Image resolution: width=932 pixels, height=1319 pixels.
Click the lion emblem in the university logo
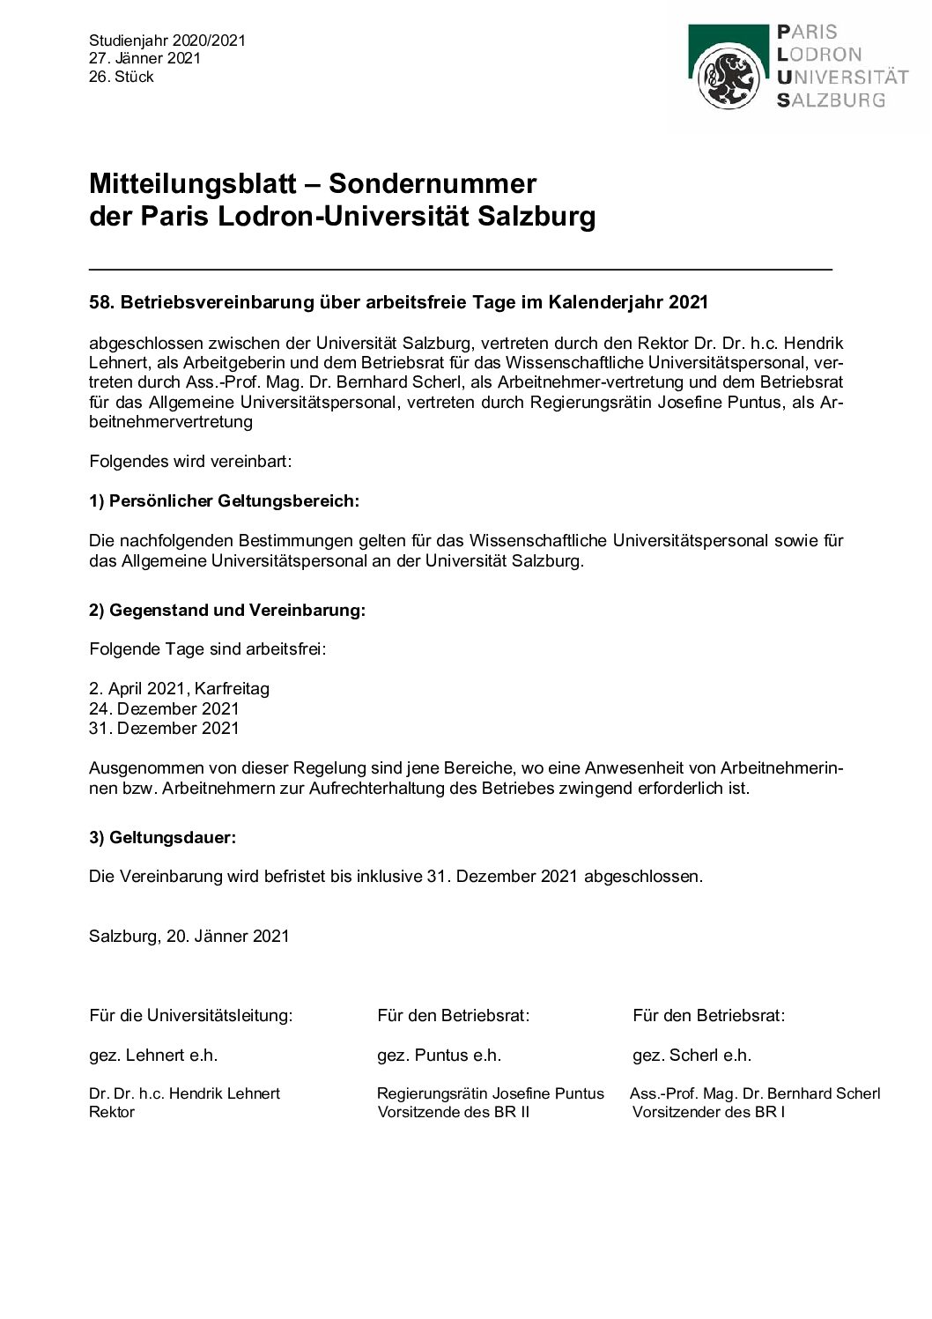coord(728,78)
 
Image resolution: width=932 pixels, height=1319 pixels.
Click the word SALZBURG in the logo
coord(831,100)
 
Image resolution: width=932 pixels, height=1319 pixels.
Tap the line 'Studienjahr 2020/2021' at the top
coord(167,41)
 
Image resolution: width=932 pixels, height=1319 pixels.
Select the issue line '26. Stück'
coord(122,78)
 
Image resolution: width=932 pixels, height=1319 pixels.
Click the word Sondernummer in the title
coord(432,184)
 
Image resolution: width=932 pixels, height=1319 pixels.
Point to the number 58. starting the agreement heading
coord(102,302)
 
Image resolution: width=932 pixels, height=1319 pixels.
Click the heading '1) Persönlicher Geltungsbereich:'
coord(225,501)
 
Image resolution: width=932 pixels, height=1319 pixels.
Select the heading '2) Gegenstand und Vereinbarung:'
coord(227,611)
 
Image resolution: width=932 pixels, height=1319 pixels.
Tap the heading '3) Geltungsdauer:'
coord(162,838)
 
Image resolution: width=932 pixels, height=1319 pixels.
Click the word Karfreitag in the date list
coord(232,689)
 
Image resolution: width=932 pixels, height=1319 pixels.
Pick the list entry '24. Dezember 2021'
coord(164,709)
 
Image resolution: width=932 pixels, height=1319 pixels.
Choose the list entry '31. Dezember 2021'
coord(164,729)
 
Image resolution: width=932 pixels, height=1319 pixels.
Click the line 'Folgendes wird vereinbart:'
coord(190,462)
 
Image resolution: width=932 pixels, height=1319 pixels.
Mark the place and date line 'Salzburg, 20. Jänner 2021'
coord(189,937)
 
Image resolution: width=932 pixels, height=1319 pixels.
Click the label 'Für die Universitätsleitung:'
coord(191,1016)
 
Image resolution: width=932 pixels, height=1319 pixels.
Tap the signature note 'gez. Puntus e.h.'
coord(439,1056)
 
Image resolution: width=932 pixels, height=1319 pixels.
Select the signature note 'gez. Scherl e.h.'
coord(692,1056)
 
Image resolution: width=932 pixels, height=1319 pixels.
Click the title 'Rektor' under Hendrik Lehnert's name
coord(112,1113)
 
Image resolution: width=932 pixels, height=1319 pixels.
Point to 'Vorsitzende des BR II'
coord(454,1113)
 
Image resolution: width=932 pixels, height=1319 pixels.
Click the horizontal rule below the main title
coord(460,268)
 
